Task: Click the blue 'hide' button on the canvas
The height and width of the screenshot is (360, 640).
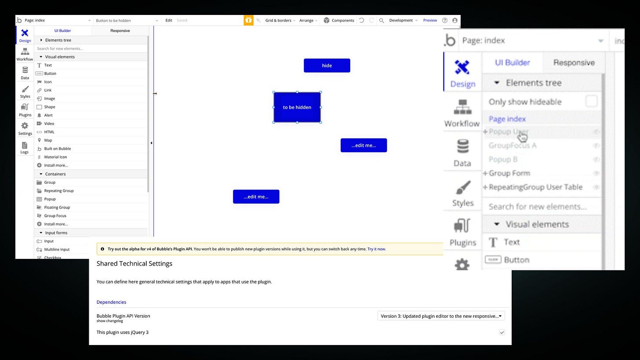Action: [x=327, y=65]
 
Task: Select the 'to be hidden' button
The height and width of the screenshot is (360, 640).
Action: [x=297, y=107]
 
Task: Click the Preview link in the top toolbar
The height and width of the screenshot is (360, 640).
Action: [x=430, y=20]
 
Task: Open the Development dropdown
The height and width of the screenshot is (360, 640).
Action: [x=403, y=20]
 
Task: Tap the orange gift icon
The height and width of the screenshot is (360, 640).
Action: [x=248, y=20]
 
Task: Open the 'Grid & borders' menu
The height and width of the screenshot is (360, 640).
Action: [x=280, y=20]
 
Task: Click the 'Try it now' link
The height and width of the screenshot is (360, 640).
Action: [x=376, y=249]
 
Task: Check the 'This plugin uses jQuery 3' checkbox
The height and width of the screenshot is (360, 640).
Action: [x=502, y=332]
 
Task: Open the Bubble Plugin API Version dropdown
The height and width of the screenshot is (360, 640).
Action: [x=441, y=316]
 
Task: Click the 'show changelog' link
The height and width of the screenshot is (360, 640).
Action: [x=109, y=321]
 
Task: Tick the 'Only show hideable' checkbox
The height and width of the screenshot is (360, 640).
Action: [x=591, y=102]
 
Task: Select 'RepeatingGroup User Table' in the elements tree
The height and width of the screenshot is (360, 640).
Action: [x=535, y=187]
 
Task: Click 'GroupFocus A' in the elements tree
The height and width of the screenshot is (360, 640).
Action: [x=513, y=145]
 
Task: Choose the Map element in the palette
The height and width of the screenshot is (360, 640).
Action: [x=48, y=140]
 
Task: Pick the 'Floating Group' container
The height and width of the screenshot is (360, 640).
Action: [x=57, y=207]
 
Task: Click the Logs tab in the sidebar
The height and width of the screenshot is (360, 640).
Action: [x=25, y=148]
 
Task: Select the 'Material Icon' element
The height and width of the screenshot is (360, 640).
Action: [x=55, y=157]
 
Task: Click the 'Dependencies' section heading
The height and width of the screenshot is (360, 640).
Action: [x=111, y=302]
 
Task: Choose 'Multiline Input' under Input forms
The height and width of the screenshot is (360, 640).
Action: [x=57, y=249]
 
